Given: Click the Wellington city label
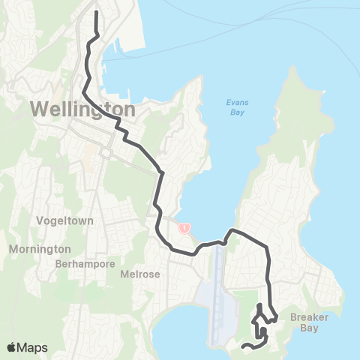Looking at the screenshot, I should [83, 109].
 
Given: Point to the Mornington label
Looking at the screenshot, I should [40, 249].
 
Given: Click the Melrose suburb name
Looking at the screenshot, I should [140, 274].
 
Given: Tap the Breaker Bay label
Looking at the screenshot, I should [310, 322].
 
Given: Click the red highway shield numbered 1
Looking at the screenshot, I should [184, 227].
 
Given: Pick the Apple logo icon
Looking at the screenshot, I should [13, 347].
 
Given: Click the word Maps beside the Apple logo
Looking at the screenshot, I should [34, 347].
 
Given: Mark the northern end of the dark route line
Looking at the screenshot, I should [96, 11].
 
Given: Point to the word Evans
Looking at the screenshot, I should [236, 103].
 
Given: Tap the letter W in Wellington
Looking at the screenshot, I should [39, 109].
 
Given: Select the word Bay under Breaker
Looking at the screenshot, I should [310, 328].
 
